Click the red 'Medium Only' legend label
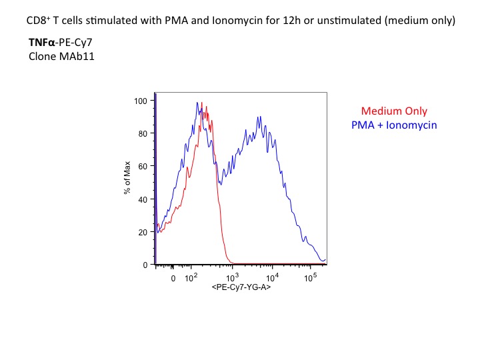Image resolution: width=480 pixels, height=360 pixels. (394, 111)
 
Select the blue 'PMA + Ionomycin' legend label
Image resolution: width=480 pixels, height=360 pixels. (394, 125)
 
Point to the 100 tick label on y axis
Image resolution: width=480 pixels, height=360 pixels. (141, 101)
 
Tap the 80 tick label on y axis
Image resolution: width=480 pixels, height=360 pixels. (143, 134)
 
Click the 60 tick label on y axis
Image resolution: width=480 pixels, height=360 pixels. (143, 167)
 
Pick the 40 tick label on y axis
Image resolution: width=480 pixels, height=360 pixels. (143, 199)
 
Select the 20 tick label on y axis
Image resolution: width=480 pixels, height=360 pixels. (143, 233)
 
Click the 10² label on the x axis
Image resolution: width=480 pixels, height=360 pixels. (191, 277)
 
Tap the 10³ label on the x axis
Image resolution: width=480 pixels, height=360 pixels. (233, 277)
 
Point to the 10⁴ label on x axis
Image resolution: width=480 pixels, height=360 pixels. (272, 277)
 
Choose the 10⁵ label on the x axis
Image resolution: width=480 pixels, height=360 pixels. (311, 277)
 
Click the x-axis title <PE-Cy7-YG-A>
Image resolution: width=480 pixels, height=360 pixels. (241, 287)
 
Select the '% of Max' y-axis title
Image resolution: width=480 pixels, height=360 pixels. (127, 177)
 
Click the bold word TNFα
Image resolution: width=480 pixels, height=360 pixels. (41, 42)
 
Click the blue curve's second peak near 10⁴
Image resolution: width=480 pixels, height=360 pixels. (260, 117)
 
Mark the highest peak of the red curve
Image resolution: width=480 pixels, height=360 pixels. (203, 102)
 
